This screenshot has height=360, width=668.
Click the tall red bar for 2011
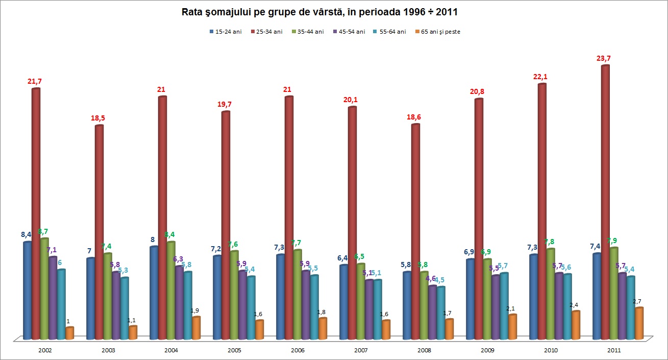coord(605,204)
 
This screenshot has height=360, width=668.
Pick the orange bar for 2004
coord(196,328)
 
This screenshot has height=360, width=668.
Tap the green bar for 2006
coord(297,294)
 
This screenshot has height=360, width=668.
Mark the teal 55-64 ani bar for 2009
coord(504,306)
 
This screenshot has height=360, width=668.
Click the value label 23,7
coord(603,58)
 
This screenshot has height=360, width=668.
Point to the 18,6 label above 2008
coord(413,117)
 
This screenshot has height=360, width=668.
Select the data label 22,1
coord(539,77)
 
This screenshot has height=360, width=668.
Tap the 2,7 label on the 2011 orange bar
coord(637,302)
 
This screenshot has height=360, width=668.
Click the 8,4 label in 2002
coord(26,234)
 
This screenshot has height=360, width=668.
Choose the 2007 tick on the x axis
coord(361,351)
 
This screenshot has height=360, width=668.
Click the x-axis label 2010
coord(551,351)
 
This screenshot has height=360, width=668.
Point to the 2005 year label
coord(235,351)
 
